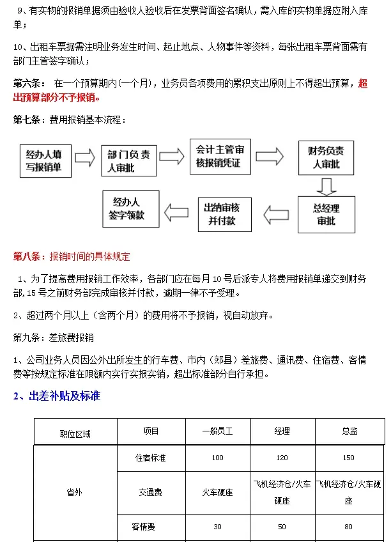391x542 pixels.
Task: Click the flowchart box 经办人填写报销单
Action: click(44, 161)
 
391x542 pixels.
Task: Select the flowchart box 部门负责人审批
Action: click(129, 160)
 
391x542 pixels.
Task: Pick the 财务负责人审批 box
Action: click(325, 158)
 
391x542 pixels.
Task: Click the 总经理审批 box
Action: click(326, 215)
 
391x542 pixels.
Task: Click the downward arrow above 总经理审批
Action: click(326, 185)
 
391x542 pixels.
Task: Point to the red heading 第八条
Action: click(72, 256)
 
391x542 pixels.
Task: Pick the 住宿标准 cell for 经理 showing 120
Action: click(282, 458)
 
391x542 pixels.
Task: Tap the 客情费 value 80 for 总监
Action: click(349, 527)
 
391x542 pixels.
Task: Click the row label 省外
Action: click(75, 492)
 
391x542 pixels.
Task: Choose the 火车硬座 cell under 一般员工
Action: click(218, 492)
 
